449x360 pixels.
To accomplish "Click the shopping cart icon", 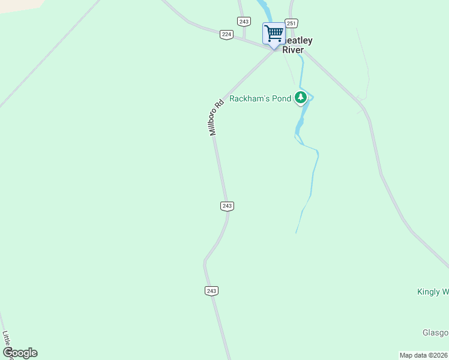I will tap(274, 33).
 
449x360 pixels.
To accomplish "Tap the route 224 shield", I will tap(226, 34).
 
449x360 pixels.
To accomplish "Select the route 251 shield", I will tap(291, 23).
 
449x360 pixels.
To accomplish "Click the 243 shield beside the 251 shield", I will tap(243, 22).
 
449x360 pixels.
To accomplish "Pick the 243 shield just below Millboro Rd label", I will tap(227, 206).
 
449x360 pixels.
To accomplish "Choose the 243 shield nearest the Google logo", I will tap(211, 291).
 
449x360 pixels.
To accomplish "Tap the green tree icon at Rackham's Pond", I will tap(301, 98).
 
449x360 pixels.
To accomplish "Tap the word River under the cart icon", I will tap(293, 50).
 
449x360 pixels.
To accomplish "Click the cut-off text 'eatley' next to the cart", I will tap(298, 41).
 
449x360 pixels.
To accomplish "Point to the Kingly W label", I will tap(433, 292).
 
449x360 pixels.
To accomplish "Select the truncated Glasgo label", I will tap(435, 333).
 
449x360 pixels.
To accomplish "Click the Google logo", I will tap(20, 353).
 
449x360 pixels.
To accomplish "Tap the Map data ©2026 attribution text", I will tap(424, 355).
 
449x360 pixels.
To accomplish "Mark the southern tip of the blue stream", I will tap(296, 233).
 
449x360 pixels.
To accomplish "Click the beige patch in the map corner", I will tap(18, 5).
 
